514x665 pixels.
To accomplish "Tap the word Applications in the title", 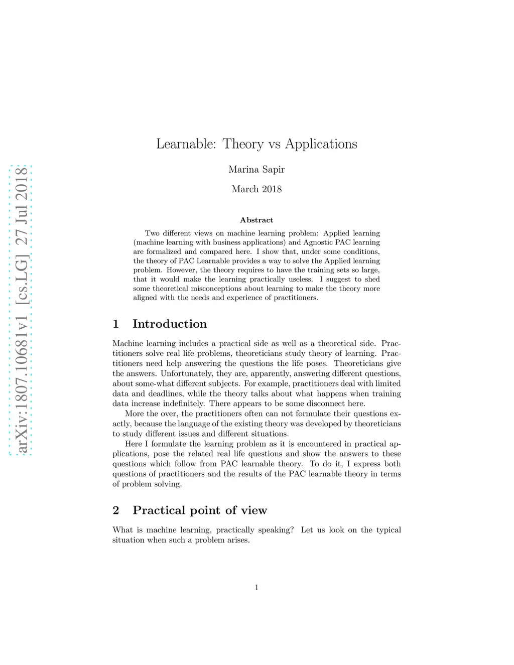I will click(x=321, y=144).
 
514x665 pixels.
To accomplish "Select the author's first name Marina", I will click(x=242, y=170).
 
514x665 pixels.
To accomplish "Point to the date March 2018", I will click(x=256, y=189).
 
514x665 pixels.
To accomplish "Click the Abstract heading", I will click(x=256, y=220).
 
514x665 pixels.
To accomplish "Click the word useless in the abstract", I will click(x=300, y=280).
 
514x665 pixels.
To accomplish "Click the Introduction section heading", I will click(x=170, y=324).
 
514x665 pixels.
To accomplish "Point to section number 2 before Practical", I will click(x=116, y=510).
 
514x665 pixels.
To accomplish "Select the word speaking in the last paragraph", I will click(x=276, y=530).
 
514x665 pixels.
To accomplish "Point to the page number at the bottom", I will click(x=256, y=588).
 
